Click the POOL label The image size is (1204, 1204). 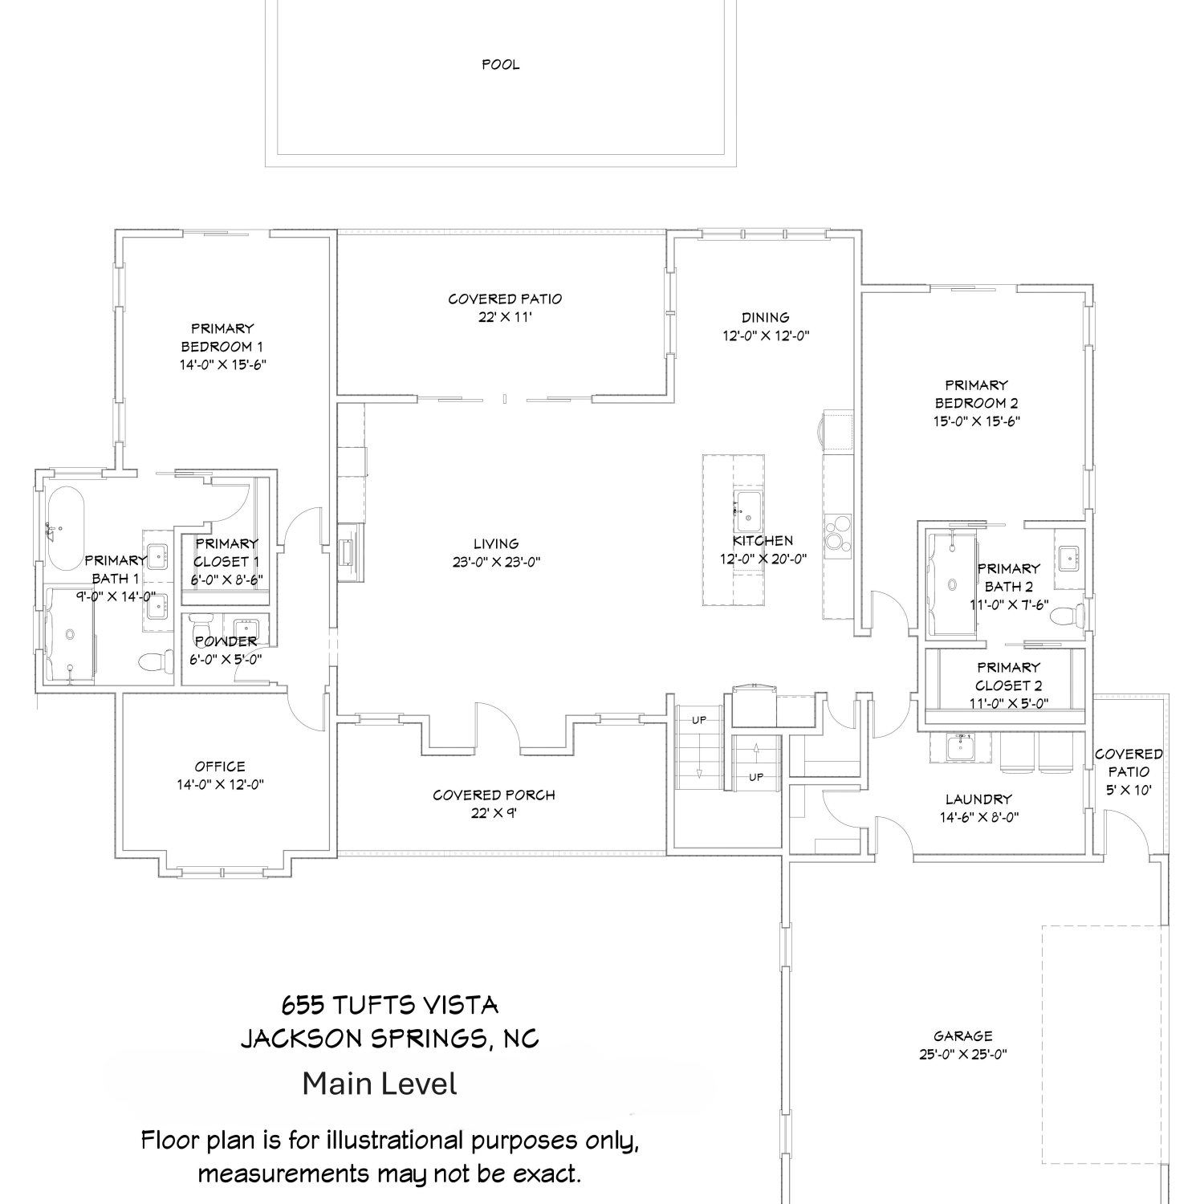(x=501, y=64)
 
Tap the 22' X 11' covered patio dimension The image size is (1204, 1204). (x=506, y=317)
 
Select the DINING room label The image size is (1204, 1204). (x=766, y=317)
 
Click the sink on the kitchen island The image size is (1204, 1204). (x=748, y=508)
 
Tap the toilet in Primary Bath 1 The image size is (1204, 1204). (x=157, y=661)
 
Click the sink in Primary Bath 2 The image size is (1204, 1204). (x=1068, y=556)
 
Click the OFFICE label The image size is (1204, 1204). (x=220, y=767)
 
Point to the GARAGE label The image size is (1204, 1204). (x=963, y=1036)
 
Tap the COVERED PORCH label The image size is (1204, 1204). (x=494, y=795)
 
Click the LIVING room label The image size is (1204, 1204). (x=496, y=543)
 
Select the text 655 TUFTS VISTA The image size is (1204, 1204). (x=390, y=1005)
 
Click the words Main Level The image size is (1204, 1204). (x=380, y=1084)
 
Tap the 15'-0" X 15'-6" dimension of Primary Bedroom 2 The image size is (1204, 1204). (x=976, y=421)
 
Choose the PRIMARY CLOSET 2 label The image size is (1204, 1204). (x=1009, y=677)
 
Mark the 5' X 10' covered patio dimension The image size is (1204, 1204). (x=1129, y=790)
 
